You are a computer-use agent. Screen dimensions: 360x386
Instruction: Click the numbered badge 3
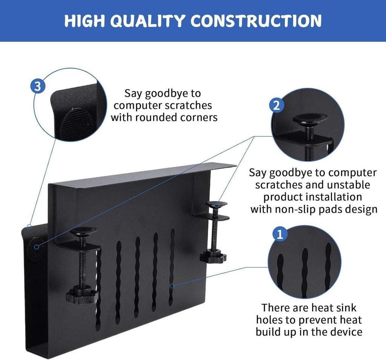click(x=37, y=86)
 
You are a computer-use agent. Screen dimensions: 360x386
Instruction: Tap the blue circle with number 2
click(x=276, y=105)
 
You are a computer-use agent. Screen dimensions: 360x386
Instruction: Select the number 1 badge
click(x=279, y=235)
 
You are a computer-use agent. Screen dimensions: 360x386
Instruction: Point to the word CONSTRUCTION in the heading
click(x=256, y=21)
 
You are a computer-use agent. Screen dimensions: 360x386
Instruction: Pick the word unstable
click(x=346, y=185)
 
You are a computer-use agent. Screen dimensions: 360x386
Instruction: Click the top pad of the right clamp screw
click(x=216, y=204)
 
